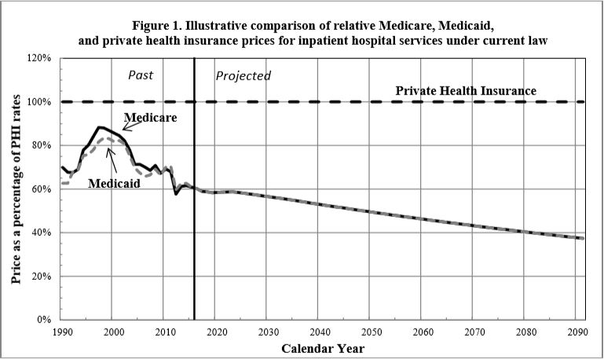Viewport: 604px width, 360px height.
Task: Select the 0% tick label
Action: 46,320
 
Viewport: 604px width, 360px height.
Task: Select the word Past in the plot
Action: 141,75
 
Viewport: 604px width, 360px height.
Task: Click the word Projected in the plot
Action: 243,76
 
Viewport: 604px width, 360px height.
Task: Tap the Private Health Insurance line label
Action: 466,91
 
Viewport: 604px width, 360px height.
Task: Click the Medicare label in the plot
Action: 150,117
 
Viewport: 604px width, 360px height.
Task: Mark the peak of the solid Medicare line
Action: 100,127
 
